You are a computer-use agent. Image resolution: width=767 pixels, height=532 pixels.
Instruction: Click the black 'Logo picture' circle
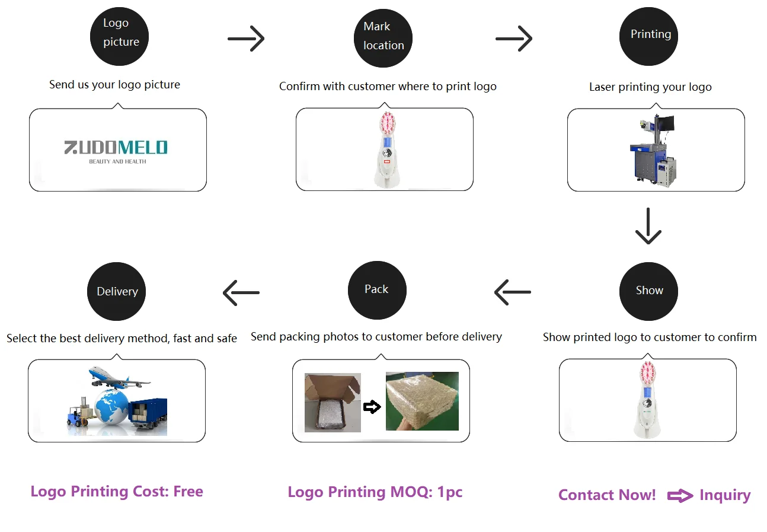(x=119, y=37)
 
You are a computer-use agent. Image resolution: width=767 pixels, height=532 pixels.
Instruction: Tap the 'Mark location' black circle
(x=383, y=39)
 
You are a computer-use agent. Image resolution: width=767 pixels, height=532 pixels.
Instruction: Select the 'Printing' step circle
(x=649, y=37)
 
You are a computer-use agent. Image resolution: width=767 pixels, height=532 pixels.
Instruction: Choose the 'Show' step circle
(x=648, y=291)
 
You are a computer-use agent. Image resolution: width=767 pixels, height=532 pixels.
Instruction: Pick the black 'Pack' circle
(x=377, y=289)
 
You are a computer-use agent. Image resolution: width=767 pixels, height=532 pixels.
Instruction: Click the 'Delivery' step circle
(x=116, y=291)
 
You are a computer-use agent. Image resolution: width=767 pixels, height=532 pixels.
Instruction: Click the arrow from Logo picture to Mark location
(x=246, y=39)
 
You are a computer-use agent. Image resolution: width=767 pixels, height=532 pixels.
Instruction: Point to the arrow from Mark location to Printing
(x=514, y=39)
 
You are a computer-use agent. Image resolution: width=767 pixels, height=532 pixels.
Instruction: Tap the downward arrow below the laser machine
(x=648, y=226)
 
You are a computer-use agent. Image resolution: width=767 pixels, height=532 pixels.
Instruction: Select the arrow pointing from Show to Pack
(x=512, y=292)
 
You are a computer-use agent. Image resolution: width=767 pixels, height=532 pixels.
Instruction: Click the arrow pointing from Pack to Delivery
(x=241, y=292)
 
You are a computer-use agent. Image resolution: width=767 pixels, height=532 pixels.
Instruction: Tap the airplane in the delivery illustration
(x=119, y=377)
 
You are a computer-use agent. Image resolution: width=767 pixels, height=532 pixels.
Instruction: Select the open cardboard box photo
(x=332, y=402)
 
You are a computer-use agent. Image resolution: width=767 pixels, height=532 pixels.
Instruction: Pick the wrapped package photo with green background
(x=422, y=401)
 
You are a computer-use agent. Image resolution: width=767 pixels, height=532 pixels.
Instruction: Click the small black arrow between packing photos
(x=372, y=407)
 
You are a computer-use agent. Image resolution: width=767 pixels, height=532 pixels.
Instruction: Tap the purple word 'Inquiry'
(x=725, y=495)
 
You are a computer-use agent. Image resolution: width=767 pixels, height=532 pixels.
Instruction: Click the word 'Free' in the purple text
(x=188, y=492)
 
